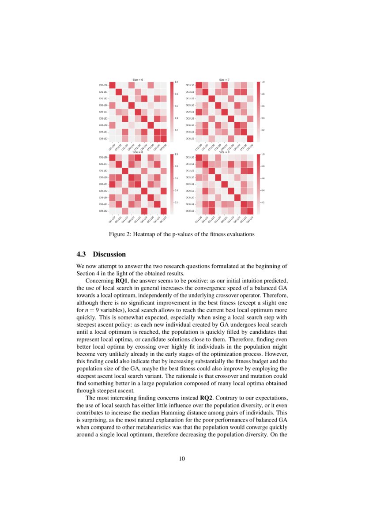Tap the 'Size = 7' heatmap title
[x=224, y=79]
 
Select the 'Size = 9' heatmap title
[x=224, y=152]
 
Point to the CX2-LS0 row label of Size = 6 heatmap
[x=104, y=105]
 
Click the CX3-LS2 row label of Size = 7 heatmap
[x=190, y=139]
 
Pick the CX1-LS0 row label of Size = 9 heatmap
[x=190, y=158]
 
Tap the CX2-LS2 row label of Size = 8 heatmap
[x=104, y=191]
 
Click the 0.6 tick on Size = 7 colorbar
[x=263, y=106]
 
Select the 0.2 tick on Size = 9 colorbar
[x=263, y=202]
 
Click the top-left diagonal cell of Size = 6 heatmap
[x=112, y=85]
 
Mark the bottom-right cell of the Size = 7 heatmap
[x=250, y=139]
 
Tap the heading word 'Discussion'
[x=109, y=254]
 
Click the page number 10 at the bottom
[x=182, y=459]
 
